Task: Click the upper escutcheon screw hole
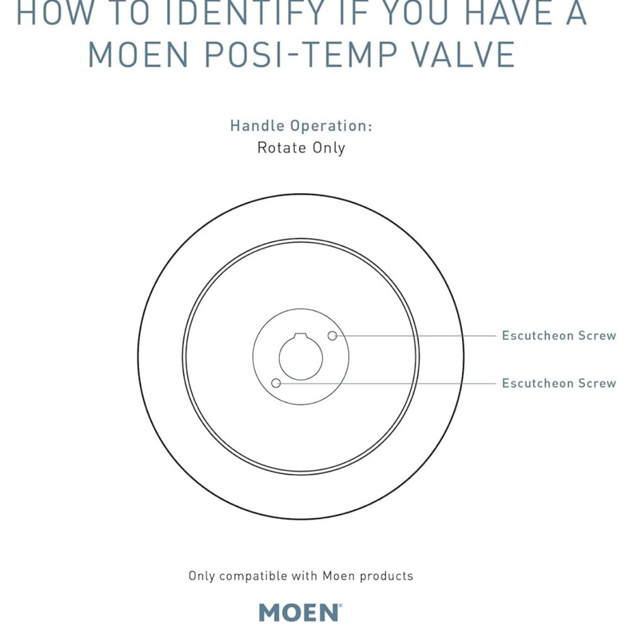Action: tap(332, 335)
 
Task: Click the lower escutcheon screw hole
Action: tap(276, 383)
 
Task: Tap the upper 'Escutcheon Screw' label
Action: tap(559, 335)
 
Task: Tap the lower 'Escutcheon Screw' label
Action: tap(559, 383)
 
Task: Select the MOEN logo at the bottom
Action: tap(301, 612)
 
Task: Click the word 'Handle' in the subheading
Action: tap(258, 125)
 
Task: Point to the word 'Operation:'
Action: tap(331, 127)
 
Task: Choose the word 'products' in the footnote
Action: tap(386, 575)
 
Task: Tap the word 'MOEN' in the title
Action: tap(139, 54)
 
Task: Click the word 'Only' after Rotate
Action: tap(329, 148)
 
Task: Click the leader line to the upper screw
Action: tap(417, 335)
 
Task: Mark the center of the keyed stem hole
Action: tap(301, 358)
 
